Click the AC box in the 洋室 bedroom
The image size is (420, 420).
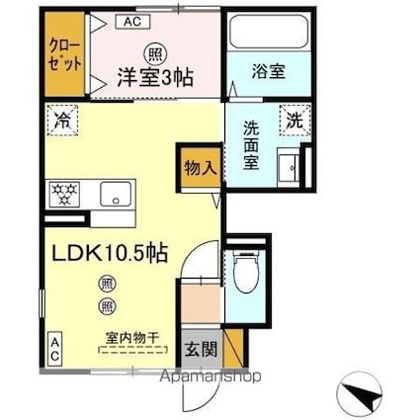pyautogui.click(x=133, y=22)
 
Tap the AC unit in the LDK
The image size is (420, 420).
pyautogui.click(x=54, y=349)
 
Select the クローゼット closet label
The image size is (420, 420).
pyautogui.click(x=64, y=55)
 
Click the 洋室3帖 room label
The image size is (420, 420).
pyautogui.click(x=155, y=77)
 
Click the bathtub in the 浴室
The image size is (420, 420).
pyautogui.click(x=269, y=33)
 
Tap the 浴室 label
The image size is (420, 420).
pyautogui.click(x=269, y=71)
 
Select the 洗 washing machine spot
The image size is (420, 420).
pyautogui.click(x=294, y=120)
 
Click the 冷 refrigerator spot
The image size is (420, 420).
pyautogui.click(x=62, y=121)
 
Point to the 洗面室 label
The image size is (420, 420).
pyautogui.click(x=251, y=145)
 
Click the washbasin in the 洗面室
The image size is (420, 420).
pyautogui.click(x=289, y=167)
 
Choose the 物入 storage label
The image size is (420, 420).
pyautogui.click(x=201, y=168)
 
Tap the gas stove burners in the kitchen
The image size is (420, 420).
pyautogui.click(x=64, y=194)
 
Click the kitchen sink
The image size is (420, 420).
pyautogui.click(x=116, y=194)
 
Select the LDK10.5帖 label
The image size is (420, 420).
pyautogui.click(x=110, y=254)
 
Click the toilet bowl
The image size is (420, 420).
pyautogui.click(x=246, y=272)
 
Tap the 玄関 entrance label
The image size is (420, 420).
pyautogui.click(x=201, y=349)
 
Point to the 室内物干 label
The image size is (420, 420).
pyautogui.click(x=132, y=338)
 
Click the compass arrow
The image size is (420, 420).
pyautogui.click(x=362, y=393)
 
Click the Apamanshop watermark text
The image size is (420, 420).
pyautogui.click(x=210, y=377)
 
